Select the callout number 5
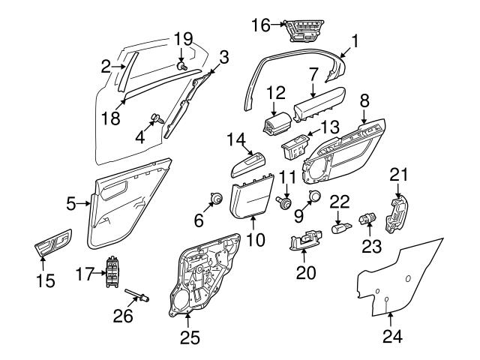[71, 202]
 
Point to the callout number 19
[183, 38]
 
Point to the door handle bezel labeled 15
[53, 244]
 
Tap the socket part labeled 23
[368, 219]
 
